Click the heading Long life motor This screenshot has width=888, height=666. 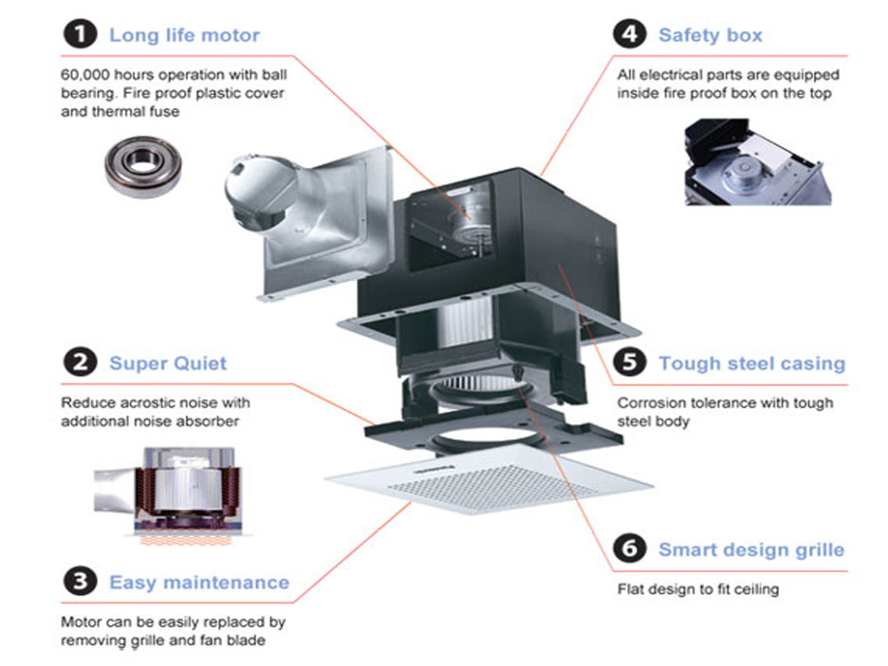pos(184,35)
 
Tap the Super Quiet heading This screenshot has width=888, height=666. pos(168,362)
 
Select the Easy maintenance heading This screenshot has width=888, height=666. pos(199,582)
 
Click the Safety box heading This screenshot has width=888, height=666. pos(710,35)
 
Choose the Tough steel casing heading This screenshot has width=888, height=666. pos(751,363)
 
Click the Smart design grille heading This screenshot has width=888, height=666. pos(750,549)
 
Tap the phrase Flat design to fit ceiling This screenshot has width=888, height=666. pos(697,589)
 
